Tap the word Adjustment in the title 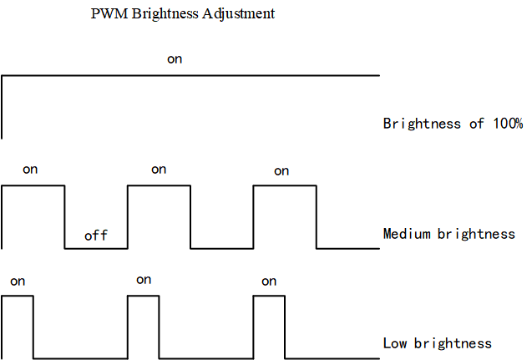click(239, 14)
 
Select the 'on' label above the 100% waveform click(175, 59)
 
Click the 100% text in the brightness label click(506, 124)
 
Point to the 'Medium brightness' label click(448, 234)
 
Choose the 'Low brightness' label click(437, 343)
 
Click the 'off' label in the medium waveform click(96, 236)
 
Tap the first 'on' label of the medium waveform click(30, 170)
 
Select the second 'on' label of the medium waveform click(159, 170)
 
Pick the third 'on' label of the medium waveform click(281, 171)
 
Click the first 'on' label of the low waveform click(18, 281)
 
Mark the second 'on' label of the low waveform click(144, 280)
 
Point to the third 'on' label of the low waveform click(269, 281)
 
